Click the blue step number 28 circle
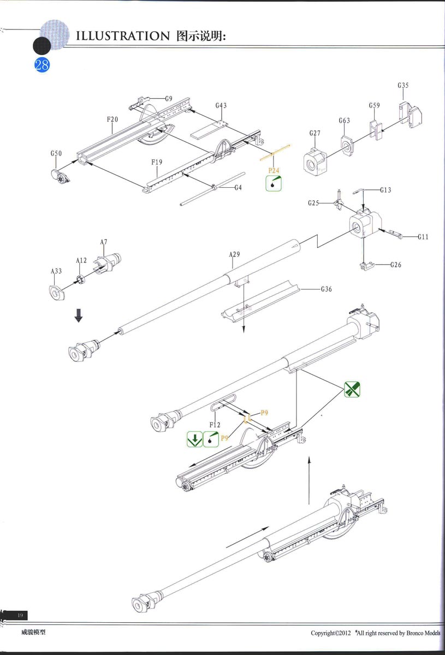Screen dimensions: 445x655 coord(42,65)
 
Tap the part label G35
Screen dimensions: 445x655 coord(403,85)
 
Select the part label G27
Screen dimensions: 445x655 coord(315,133)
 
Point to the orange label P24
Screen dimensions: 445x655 coord(274,170)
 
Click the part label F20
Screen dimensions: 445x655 coord(112,120)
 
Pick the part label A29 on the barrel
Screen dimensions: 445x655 coord(234,254)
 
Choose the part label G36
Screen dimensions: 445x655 coord(327,289)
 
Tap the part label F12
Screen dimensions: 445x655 coord(215,425)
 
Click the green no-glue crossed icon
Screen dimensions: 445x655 coord(352,389)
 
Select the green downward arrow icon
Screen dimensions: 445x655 coord(194,439)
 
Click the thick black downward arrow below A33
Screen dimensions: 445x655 coord(79,315)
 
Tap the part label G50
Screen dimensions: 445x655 coord(56,153)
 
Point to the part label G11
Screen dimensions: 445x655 coord(423,237)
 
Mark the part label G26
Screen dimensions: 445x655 coord(396,265)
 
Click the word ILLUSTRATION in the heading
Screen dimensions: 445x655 coord(123,36)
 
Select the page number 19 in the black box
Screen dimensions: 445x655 coord(20,615)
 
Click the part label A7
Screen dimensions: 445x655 coord(104,242)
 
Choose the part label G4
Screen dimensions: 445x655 coord(238,188)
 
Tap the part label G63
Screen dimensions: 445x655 coord(345,121)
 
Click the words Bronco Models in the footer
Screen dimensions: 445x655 coord(423,633)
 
